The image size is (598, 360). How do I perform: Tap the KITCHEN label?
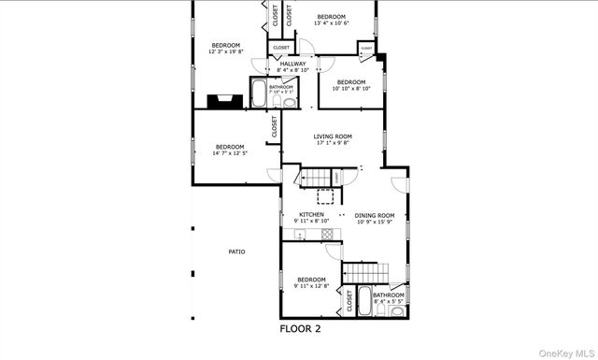[311, 214]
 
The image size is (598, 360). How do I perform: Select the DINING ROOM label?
[374, 214]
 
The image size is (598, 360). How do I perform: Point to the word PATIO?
[236, 252]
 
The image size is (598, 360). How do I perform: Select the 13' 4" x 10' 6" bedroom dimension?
[331, 24]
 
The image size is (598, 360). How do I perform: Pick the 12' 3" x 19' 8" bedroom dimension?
[224, 53]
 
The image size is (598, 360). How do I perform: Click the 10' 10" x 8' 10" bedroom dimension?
[350, 89]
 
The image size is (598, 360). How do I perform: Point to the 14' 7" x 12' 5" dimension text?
[230, 153]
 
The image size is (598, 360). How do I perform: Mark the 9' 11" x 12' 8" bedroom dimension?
[311, 286]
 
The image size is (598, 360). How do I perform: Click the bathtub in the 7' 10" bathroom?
[259, 94]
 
